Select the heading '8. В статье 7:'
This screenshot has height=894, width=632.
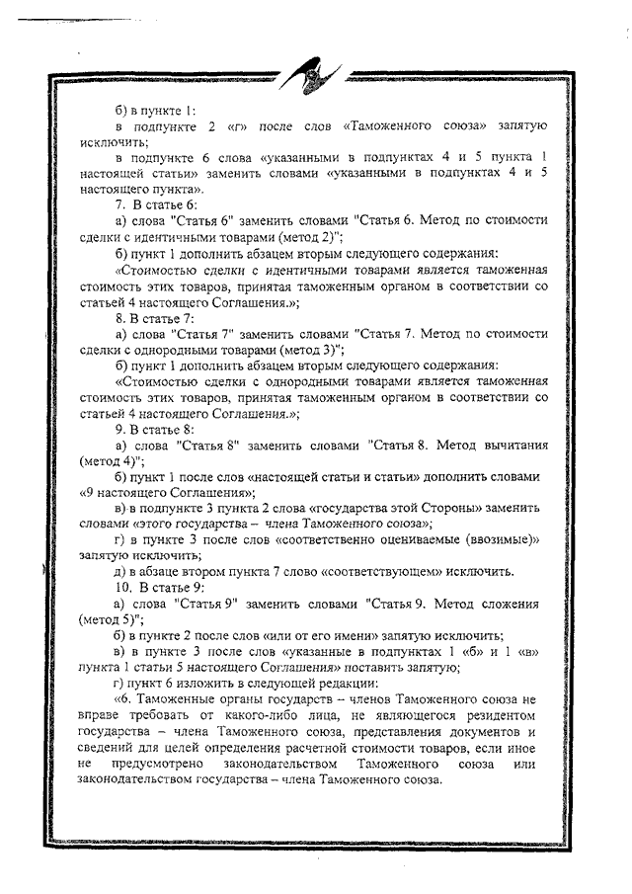coord(154,318)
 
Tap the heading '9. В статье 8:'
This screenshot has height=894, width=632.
coord(154,431)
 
